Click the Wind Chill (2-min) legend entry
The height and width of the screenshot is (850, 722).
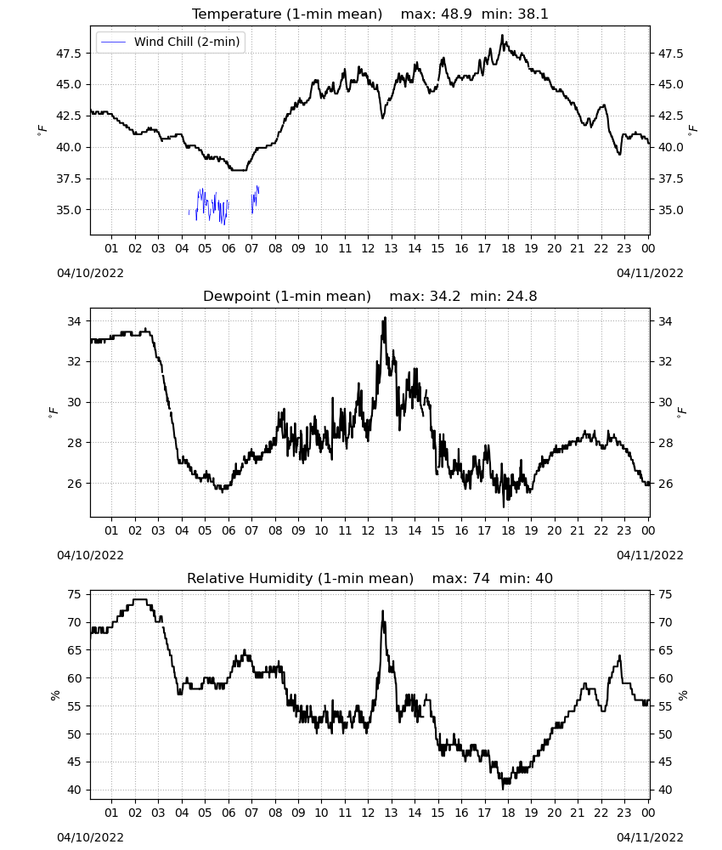pyautogui.click(x=171, y=42)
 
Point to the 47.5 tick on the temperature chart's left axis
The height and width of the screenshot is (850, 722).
pyautogui.click(x=69, y=53)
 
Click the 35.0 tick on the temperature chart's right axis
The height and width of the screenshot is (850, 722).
pyautogui.click(x=670, y=210)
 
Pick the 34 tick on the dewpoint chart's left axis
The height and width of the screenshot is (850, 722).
pyautogui.click(x=74, y=321)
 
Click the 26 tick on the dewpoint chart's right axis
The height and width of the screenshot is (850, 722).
pyautogui.click(x=665, y=483)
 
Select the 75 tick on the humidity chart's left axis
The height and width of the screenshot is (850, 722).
pyautogui.click(x=74, y=594)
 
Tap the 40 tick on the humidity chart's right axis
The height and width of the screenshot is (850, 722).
pyautogui.click(x=665, y=790)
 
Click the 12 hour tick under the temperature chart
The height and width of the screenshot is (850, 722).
pyautogui.click(x=368, y=248)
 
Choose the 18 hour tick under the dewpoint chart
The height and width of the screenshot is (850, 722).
pyautogui.click(x=508, y=530)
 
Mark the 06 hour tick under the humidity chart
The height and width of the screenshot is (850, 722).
pyautogui.click(x=228, y=813)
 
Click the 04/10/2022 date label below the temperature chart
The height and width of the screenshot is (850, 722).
pyautogui.click(x=90, y=273)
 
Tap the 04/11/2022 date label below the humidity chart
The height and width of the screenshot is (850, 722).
pyautogui.click(x=650, y=837)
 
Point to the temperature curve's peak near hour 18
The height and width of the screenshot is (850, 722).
pyautogui.click(x=502, y=36)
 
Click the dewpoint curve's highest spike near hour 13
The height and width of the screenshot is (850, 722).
pyautogui.click(x=385, y=318)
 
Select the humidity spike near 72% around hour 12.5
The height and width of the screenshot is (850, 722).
pyautogui.click(x=383, y=611)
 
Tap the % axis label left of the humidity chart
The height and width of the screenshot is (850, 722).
pyautogui.click(x=54, y=695)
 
